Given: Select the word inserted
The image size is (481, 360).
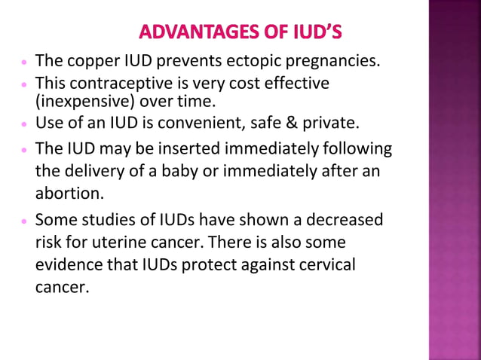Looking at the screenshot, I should click(x=179, y=148).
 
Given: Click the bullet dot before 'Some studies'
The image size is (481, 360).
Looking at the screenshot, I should click(x=24, y=221).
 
